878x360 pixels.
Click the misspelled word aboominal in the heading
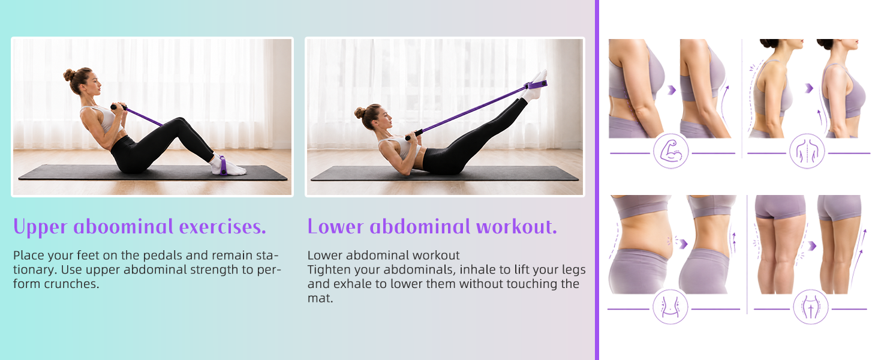pos(123,227)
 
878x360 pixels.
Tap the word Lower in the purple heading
pos(335,227)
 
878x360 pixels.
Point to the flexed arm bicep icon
pos(670,151)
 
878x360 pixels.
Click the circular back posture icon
pos(807,151)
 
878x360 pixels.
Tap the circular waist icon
pos(670,307)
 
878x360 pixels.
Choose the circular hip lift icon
pos(811,307)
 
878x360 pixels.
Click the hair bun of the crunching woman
pos(69,74)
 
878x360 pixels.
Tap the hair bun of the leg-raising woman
pos(359,113)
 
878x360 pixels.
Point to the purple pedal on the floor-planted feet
pos(222,165)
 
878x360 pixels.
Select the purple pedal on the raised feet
pos(536,85)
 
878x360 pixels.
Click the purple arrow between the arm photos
pos(672,90)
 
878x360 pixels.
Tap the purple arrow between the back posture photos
pos(809,88)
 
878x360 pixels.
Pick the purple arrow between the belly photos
pos(683,244)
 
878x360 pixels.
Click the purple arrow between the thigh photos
pos(812,246)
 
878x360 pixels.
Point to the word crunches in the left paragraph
pos(72,284)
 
